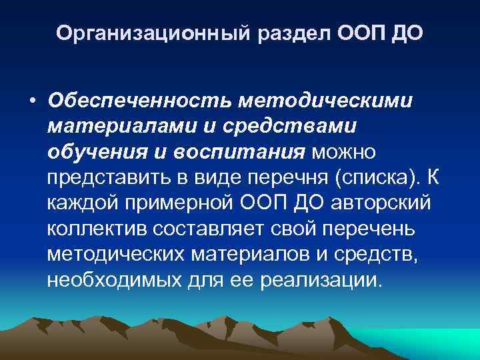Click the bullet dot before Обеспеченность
tap(32, 101)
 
